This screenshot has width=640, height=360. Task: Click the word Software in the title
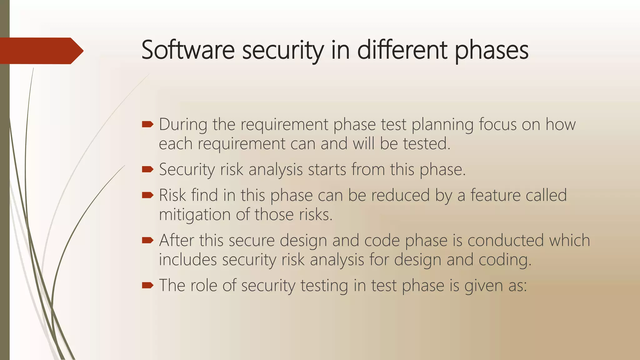coord(187,50)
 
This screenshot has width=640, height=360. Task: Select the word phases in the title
coord(491,51)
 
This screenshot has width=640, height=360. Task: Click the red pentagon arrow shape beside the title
coord(41,51)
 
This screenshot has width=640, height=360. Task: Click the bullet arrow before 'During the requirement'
coord(147,125)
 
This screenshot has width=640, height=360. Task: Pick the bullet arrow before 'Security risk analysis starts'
coord(147,169)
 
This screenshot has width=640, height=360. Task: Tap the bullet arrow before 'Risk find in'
coord(147,195)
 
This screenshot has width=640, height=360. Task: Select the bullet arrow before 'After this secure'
coord(147,240)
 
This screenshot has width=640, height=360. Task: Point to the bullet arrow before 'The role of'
coord(147,285)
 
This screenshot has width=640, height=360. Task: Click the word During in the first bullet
coord(183,124)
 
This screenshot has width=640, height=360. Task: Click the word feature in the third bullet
coord(495,195)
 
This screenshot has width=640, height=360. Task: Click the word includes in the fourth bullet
coord(187,260)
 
